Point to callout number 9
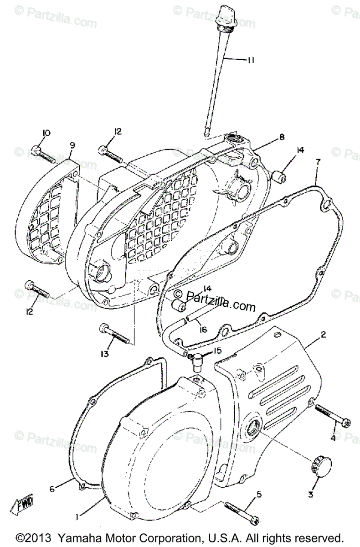72,145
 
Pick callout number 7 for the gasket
318,162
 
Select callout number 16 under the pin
203,329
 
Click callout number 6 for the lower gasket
52,489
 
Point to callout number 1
77,517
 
